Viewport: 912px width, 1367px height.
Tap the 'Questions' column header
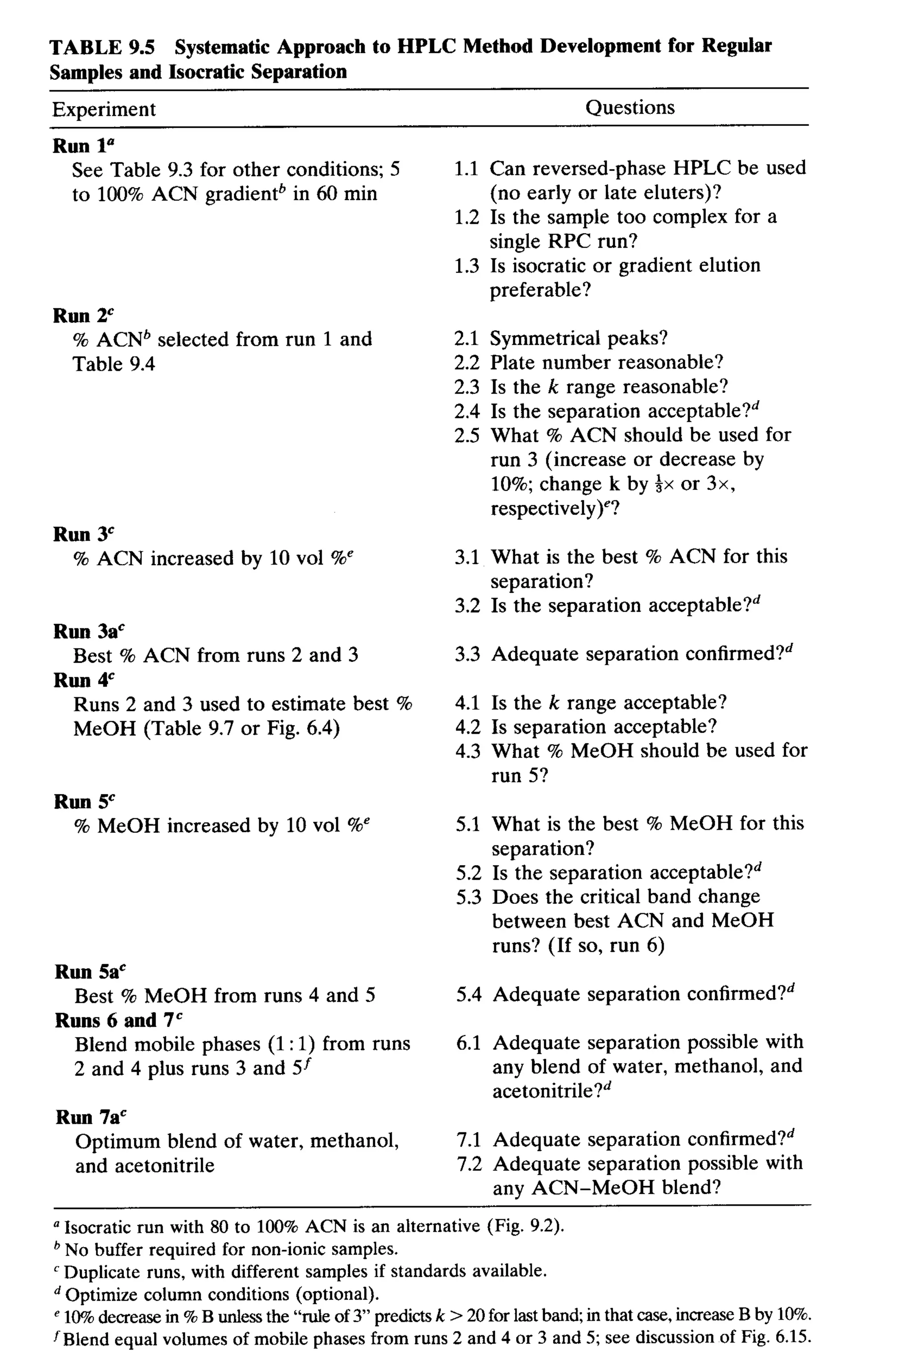click(x=630, y=108)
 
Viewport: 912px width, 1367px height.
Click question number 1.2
click(x=467, y=217)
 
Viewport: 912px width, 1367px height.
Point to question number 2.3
click(x=467, y=387)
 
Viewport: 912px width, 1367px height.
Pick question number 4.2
click(x=468, y=727)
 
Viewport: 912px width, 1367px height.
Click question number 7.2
click(x=469, y=1164)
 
